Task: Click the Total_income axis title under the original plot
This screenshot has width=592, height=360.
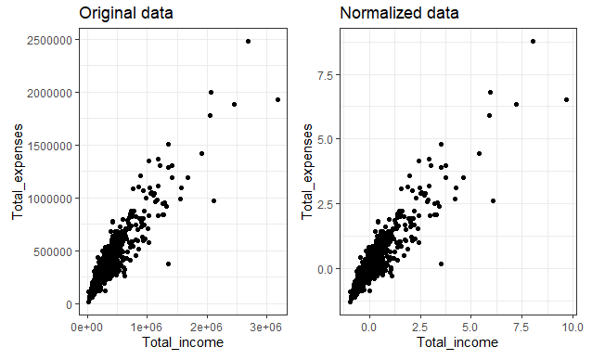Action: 184,344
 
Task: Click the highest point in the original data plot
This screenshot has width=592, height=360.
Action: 248,41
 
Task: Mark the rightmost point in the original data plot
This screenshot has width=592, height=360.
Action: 277,99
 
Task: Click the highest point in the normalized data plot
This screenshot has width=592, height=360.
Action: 533,41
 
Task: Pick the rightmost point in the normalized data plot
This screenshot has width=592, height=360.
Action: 566,99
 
